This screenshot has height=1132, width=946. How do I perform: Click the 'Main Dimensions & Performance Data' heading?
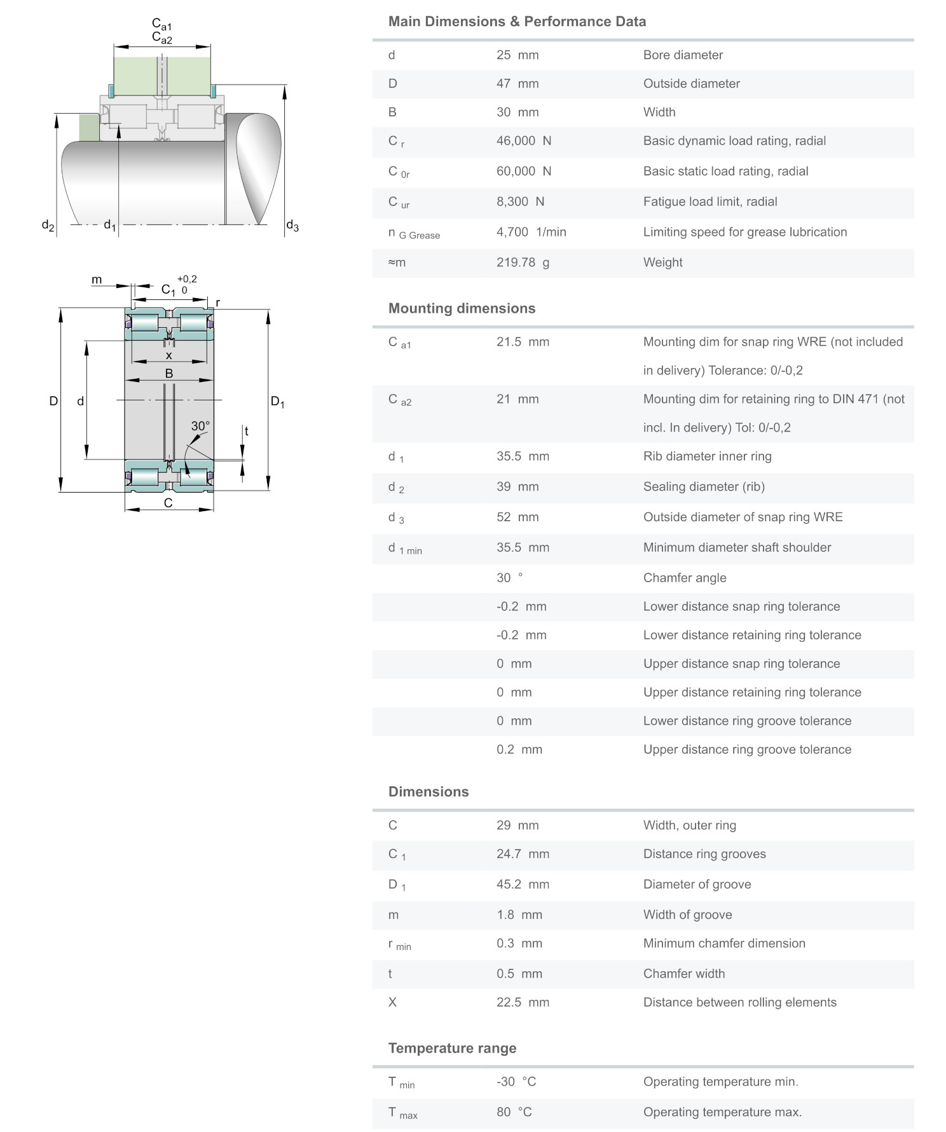point(517,22)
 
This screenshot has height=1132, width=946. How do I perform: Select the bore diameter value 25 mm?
point(517,55)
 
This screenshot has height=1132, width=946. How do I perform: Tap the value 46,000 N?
point(523,141)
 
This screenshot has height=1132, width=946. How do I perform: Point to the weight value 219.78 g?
point(523,263)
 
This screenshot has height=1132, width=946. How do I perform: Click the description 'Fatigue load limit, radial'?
point(709,201)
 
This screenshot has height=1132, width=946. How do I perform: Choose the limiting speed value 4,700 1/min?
point(531,232)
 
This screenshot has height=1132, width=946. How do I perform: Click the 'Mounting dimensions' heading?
point(462,308)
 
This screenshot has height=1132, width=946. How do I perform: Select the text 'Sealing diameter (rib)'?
point(703,487)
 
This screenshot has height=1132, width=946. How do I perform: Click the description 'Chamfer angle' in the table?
point(684,578)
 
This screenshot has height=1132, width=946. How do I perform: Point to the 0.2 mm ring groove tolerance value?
point(519,749)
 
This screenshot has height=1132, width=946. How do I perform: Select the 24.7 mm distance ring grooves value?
point(523,854)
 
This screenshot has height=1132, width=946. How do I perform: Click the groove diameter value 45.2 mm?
point(523,885)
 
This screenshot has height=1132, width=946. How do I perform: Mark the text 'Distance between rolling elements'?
point(739,1002)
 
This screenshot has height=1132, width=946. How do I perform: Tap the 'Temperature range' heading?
point(452,1048)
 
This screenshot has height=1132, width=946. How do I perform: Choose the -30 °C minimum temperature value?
point(516,1082)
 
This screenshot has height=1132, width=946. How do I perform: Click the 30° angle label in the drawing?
point(200,426)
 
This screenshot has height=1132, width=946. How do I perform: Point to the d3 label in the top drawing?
point(292,225)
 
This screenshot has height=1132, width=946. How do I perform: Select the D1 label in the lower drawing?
point(278,402)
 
